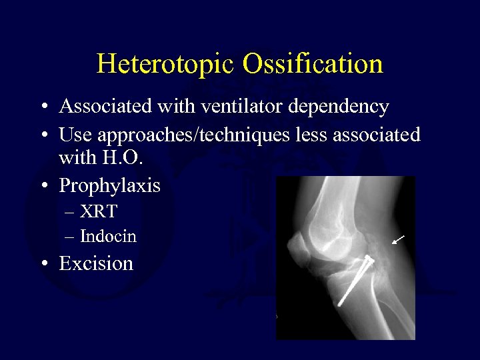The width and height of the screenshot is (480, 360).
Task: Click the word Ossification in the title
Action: click(313, 64)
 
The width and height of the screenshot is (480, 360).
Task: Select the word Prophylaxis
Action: click(109, 185)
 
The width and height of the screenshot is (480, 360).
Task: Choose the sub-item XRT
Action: click(99, 212)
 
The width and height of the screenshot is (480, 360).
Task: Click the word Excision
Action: click(96, 263)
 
